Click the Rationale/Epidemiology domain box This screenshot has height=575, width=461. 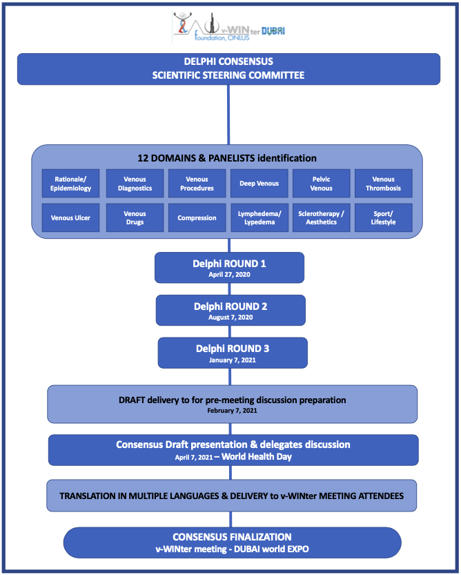(x=70, y=184)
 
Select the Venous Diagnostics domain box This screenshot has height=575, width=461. (x=135, y=184)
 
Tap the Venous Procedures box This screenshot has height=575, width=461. (x=197, y=184)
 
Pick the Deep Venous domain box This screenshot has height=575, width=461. (x=259, y=184)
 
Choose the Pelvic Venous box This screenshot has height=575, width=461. (x=322, y=184)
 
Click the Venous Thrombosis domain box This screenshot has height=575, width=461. (x=383, y=184)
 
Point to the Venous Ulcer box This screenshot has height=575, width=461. (x=70, y=218)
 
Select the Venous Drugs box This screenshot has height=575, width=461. (x=135, y=218)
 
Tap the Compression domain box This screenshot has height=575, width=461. (x=197, y=218)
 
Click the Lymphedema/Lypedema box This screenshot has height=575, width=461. (x=259, y=218)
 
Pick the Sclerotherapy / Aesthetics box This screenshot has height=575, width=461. (x=322, y=218)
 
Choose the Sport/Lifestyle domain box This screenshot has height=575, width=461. (x=383, y=218)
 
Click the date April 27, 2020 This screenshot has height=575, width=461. (x=230, y=275)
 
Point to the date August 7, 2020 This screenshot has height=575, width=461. (x=230, y=318)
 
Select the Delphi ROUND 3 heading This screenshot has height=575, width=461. (x=233, y=349)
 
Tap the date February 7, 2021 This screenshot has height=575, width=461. (x=232, y=411)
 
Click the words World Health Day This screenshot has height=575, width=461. (x=257, y=456)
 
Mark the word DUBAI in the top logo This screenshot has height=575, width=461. (x=273, y=31)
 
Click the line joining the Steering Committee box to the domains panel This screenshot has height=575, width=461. (x=228, y=115)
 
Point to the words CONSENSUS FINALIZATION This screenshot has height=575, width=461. (x=232, y=537)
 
